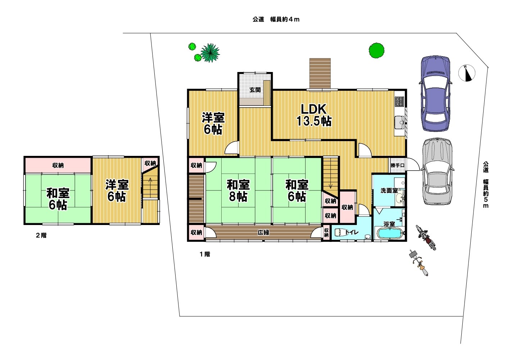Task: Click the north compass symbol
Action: [x=467, y=73]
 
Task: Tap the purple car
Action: [x=436, y=93]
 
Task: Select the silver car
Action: [x=437, y=171]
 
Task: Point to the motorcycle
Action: [x=426, y=237]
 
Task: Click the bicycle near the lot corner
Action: [x=418, y=262]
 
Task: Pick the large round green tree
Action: [x=376, y=50]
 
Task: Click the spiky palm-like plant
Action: [x=210, y=53]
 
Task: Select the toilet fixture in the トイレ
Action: [x=341, y=233]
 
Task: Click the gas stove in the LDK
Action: [x=399, y=101]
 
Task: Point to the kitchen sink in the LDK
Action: [x=399, y=122]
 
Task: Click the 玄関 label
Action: [x=255, y=90]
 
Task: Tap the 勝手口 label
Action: [x=398, y=165]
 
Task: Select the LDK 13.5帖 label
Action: [x=314, y=115]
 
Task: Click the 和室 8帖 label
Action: [x=238, y=190]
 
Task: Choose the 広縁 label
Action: [x=263, y=233]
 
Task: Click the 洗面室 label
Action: [x=389, y=190]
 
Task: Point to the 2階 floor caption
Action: [x=41, y=235]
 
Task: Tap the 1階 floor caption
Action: [x=205, y=254]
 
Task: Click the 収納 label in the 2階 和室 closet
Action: [x=58, y=165]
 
